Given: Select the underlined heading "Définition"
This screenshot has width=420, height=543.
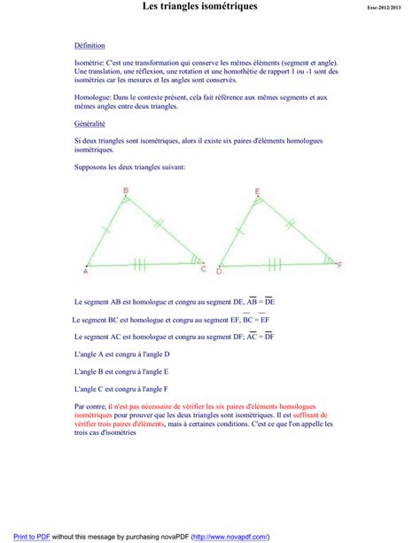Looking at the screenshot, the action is (x=90, y=45).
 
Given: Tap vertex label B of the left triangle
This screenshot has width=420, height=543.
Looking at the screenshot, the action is (x=126, y=190).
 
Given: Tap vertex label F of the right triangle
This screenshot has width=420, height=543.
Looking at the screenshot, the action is (x=339, y=266).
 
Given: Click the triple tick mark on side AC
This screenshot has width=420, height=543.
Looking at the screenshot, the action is (x=140, y=262).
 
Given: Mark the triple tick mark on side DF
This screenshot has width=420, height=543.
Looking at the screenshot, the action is (x=274, y=262).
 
